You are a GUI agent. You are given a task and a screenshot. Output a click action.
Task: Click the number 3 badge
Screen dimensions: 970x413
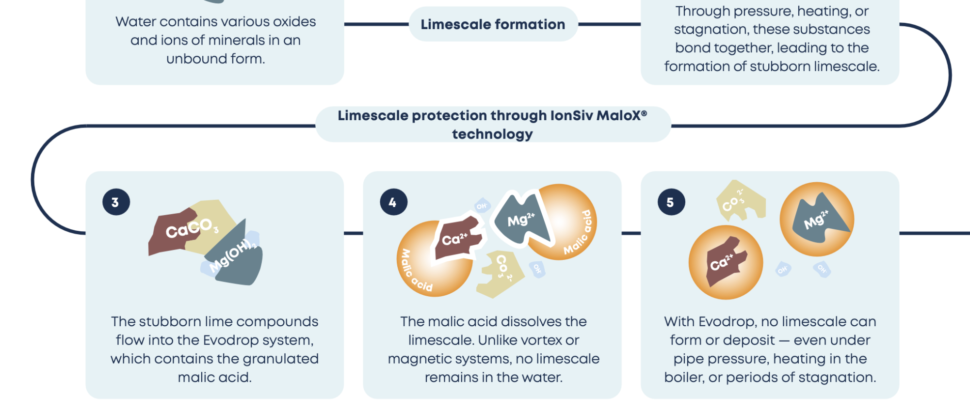click(x=116, y=202)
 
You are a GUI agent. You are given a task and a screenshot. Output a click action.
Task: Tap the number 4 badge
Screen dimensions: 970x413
click(x=394, y=202)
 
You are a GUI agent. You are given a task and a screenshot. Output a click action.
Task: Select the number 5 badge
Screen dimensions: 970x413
click(x=671, y=202)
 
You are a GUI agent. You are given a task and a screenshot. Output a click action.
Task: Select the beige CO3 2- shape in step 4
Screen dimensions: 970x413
click(x=501, y=273)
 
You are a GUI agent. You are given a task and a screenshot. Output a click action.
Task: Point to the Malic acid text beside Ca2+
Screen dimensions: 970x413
click(x=415, y=270)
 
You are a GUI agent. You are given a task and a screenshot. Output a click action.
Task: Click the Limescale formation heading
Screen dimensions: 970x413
click(x=493, y=24)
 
